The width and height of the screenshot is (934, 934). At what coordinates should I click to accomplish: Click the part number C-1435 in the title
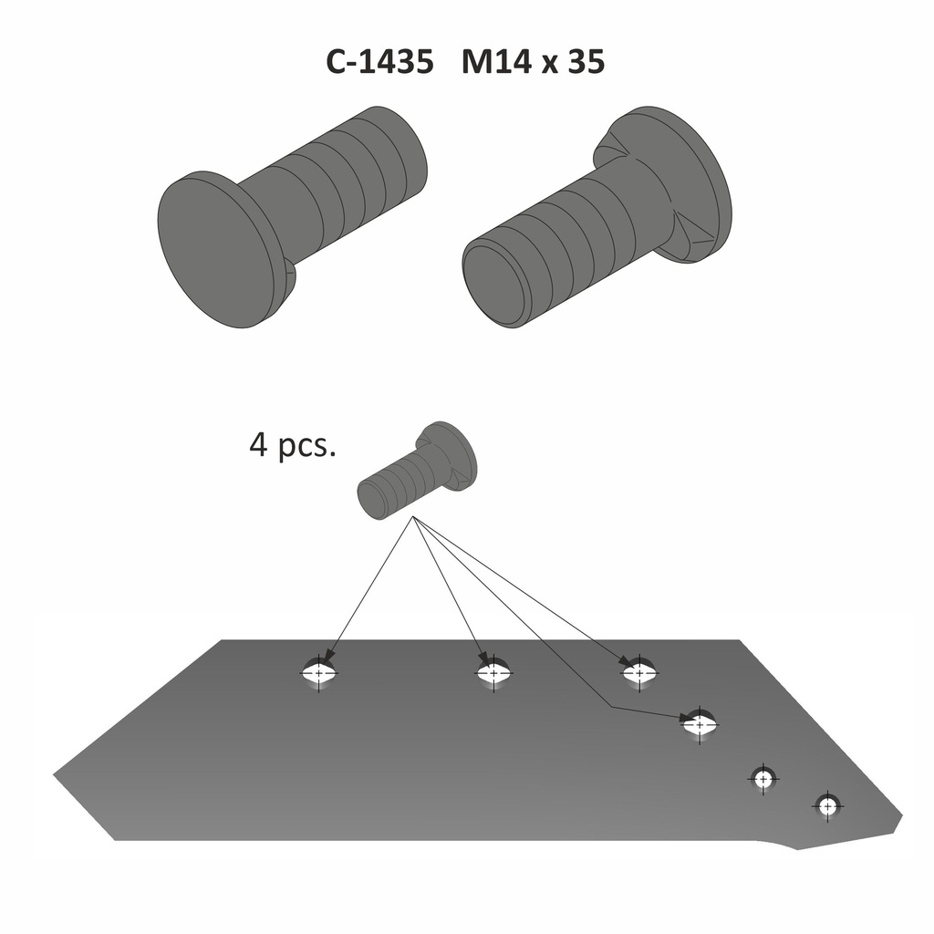pos(380,62)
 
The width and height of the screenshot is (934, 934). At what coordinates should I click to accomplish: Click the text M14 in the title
pos(499,62)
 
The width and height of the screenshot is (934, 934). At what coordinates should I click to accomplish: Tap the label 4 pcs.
pos(292,447)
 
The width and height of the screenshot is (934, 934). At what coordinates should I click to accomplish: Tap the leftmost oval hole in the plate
pos(318,673)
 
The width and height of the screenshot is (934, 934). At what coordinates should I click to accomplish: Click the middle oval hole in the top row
pos(493,673)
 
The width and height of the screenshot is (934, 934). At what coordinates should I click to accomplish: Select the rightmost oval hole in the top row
pos(639,673)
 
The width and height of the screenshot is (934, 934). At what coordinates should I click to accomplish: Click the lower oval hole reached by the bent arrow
pos(700,725)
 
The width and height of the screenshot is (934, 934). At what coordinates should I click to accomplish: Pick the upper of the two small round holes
pos(763,778)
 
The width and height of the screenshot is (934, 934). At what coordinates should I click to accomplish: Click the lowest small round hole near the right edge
pos(827,806)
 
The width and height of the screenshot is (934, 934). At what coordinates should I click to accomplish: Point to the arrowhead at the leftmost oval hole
pos(327,656)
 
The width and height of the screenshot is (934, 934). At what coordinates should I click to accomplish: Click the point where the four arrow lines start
pos(413,518)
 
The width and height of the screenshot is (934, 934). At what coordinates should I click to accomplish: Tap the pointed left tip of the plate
pos(57,775)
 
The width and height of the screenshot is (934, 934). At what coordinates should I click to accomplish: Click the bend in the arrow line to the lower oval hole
pos(610,708)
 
